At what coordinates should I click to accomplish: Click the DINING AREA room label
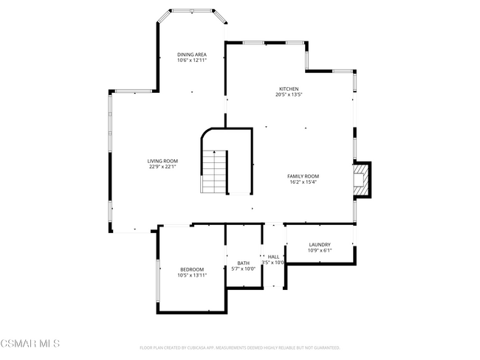tap(191, 55)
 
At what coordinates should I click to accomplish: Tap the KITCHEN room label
tap(289, 89)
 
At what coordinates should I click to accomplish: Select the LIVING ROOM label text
tap(162, 161)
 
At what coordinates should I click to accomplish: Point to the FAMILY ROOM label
tap(302, 176)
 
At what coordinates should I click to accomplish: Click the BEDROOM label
tap(191, 269)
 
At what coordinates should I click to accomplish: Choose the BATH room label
tap(243, 263)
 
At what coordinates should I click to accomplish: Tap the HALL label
tap(273, 257)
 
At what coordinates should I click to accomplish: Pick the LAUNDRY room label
tap(320, 244)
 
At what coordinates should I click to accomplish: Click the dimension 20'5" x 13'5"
tap(289, 94)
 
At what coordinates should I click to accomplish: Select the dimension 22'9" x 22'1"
tap(162, 167)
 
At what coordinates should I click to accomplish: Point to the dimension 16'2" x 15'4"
tap(302, 181)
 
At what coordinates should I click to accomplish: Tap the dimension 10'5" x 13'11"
tap(191, 275)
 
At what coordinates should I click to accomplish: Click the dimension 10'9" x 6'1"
tap(320, 250)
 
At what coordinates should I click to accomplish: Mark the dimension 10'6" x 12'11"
tap(191, 60)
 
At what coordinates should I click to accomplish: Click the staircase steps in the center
tap(214, 172)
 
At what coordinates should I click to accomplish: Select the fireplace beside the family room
tap(362, 181)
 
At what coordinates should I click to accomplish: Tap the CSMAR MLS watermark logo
tap(30, 345)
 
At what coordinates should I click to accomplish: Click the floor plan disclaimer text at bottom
tap(239, 347)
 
